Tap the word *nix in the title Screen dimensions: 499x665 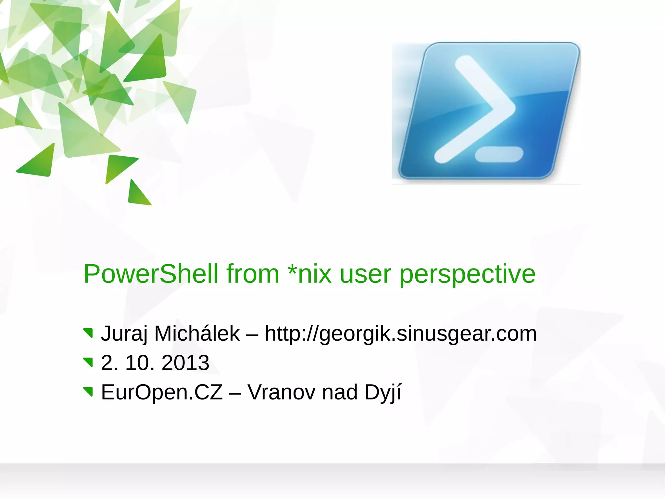pos(309,274)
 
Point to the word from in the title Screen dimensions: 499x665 pos(253,274)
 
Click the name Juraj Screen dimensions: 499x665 pos(124,334)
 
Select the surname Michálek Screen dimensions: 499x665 pos(197,334)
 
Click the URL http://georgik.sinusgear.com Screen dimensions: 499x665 pos(400,334)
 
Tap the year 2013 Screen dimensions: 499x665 pos(185,363)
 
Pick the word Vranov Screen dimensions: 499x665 pos(281,392)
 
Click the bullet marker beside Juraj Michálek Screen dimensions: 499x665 pos(88,333)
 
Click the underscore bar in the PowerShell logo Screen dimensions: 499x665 pos(499,154)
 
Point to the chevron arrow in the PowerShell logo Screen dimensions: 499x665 pos(477,109)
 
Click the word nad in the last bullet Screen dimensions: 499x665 pos(340,392)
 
